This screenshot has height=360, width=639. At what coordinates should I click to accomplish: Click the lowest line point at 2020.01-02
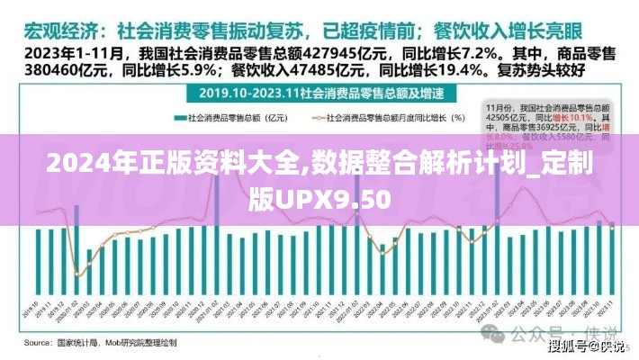tap(77, 275)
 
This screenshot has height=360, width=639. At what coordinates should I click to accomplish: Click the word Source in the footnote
tap(38, 343)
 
